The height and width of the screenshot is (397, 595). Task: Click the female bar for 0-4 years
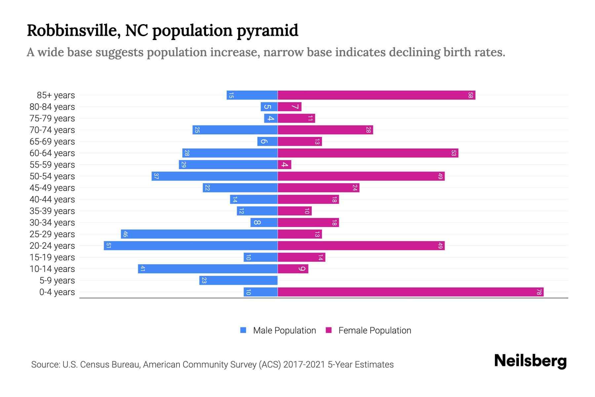coord(411,292)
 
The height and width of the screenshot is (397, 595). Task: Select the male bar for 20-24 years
coord(191,245)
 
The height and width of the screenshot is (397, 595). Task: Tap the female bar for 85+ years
coord(377,95)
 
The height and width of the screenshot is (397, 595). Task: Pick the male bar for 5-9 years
coord(238,280)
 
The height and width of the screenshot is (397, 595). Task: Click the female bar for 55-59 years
coord(284,164)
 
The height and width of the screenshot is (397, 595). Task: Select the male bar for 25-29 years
coord(199,234)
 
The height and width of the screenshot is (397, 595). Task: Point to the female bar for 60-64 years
coord(368,153)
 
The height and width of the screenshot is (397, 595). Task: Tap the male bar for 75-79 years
coord(271,118)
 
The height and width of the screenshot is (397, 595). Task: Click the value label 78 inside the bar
coord(539,292)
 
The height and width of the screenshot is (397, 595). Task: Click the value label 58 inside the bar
coord(470,95)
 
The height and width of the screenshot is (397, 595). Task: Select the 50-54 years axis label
coord(52,176)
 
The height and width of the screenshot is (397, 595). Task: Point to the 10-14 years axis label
coord(52,269)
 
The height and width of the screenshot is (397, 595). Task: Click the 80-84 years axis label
coord(52,107)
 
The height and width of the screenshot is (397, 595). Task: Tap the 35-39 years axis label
coord(52,211)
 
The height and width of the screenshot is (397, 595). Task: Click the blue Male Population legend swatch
coord(243,330)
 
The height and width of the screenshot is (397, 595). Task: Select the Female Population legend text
coord(375,330)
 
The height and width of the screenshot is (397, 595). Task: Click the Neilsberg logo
coord(530,361)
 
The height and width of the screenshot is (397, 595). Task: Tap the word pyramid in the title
coord(267,30)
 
